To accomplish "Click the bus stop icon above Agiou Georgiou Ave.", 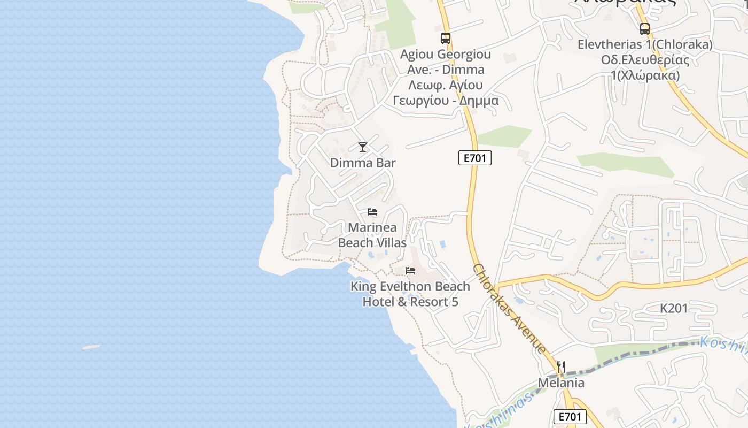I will point(446,39).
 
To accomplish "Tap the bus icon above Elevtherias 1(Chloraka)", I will point(645,29).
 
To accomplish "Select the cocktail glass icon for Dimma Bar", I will point(363,147).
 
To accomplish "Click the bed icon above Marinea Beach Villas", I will point(372,212).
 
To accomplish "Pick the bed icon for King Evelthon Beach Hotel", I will point(410,271).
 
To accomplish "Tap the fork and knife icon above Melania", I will point(561,367).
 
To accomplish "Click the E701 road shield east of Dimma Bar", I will point(474,158).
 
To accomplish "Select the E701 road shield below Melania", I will point(570,416).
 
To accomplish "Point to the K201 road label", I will point(674,308).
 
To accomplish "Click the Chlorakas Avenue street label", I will point(510,309).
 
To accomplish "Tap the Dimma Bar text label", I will point(363,163).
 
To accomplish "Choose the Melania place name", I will point(561,383).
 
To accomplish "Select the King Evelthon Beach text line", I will point(410,286).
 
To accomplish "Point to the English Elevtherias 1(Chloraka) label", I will point(645,45).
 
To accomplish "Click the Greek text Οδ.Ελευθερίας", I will point(645,60).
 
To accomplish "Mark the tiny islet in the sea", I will point(91,347).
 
